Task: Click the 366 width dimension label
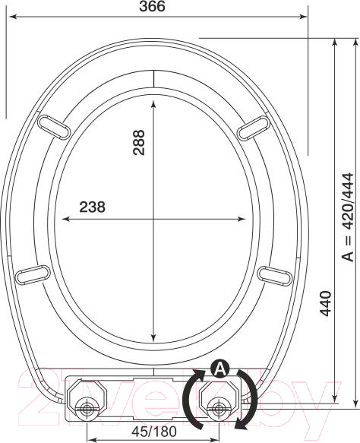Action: tap(152, 6)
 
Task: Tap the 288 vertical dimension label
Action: tap(139, 142)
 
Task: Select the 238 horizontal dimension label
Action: tap(92, 207)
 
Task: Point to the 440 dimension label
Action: tap(325, 303)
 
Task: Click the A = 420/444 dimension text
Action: tap(347, 217)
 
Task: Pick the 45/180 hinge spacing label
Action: tap(154, 431)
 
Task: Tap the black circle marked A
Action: tap(219, 369)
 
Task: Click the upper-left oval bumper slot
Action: tap(54, 127)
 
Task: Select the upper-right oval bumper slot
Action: tap(254, 128)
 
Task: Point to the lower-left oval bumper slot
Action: tap(33, 274)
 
